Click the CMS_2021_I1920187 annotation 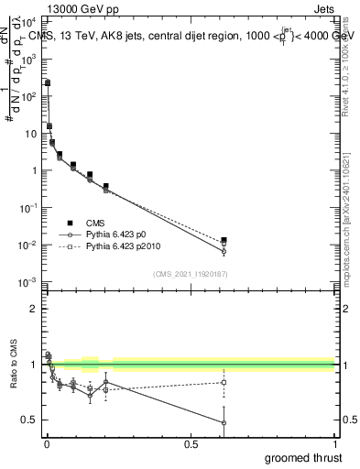click(191, 274)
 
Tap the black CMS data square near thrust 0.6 click(224, 240)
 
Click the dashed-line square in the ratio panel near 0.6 click(224, 382)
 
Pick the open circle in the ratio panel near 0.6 click(224, 422)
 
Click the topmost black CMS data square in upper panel click(48, 82)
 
